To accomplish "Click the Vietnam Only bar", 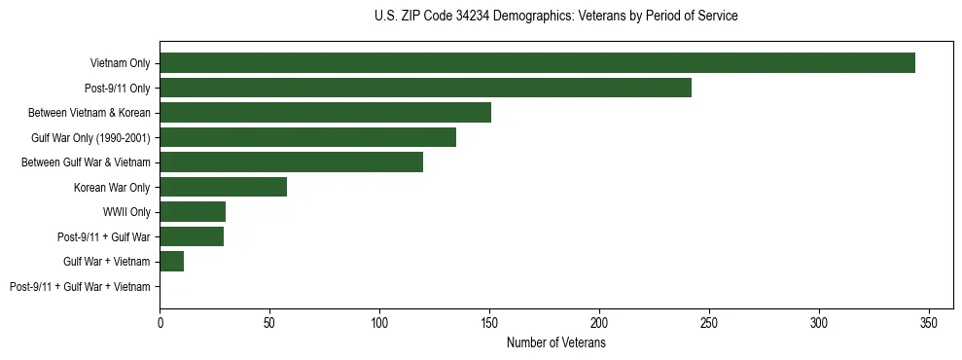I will (x=537, y=63).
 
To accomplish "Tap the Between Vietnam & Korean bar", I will (x=325, y=113).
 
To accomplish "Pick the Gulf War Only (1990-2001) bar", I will (x=307, y=137).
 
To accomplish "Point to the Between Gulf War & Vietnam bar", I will (x=291, y=162).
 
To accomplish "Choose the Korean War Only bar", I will (x=223, y=187).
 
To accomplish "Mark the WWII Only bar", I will (x=193, y=212).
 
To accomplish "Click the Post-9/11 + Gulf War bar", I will (x=192, y=236).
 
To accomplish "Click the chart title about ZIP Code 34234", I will (x=555, y=17).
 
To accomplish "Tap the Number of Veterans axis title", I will (x=555, y=343).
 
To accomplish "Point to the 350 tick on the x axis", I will (x=929, y=323).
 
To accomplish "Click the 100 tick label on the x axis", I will (x=379, y=323).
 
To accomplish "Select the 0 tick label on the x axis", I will (x=160, y=323).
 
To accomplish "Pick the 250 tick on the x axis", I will (x=709, y=323).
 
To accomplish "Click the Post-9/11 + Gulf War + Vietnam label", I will (x=80, y=287).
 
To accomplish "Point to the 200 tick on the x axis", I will (x=599, y=323).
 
